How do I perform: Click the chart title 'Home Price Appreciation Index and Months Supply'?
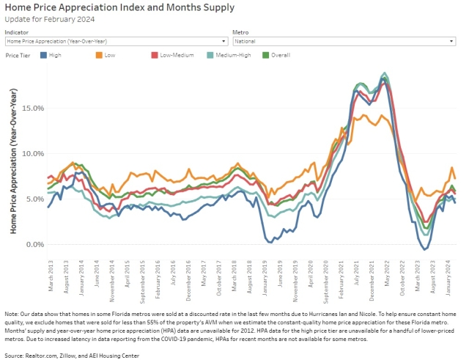point(119,8)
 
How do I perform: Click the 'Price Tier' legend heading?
point(18,55)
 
